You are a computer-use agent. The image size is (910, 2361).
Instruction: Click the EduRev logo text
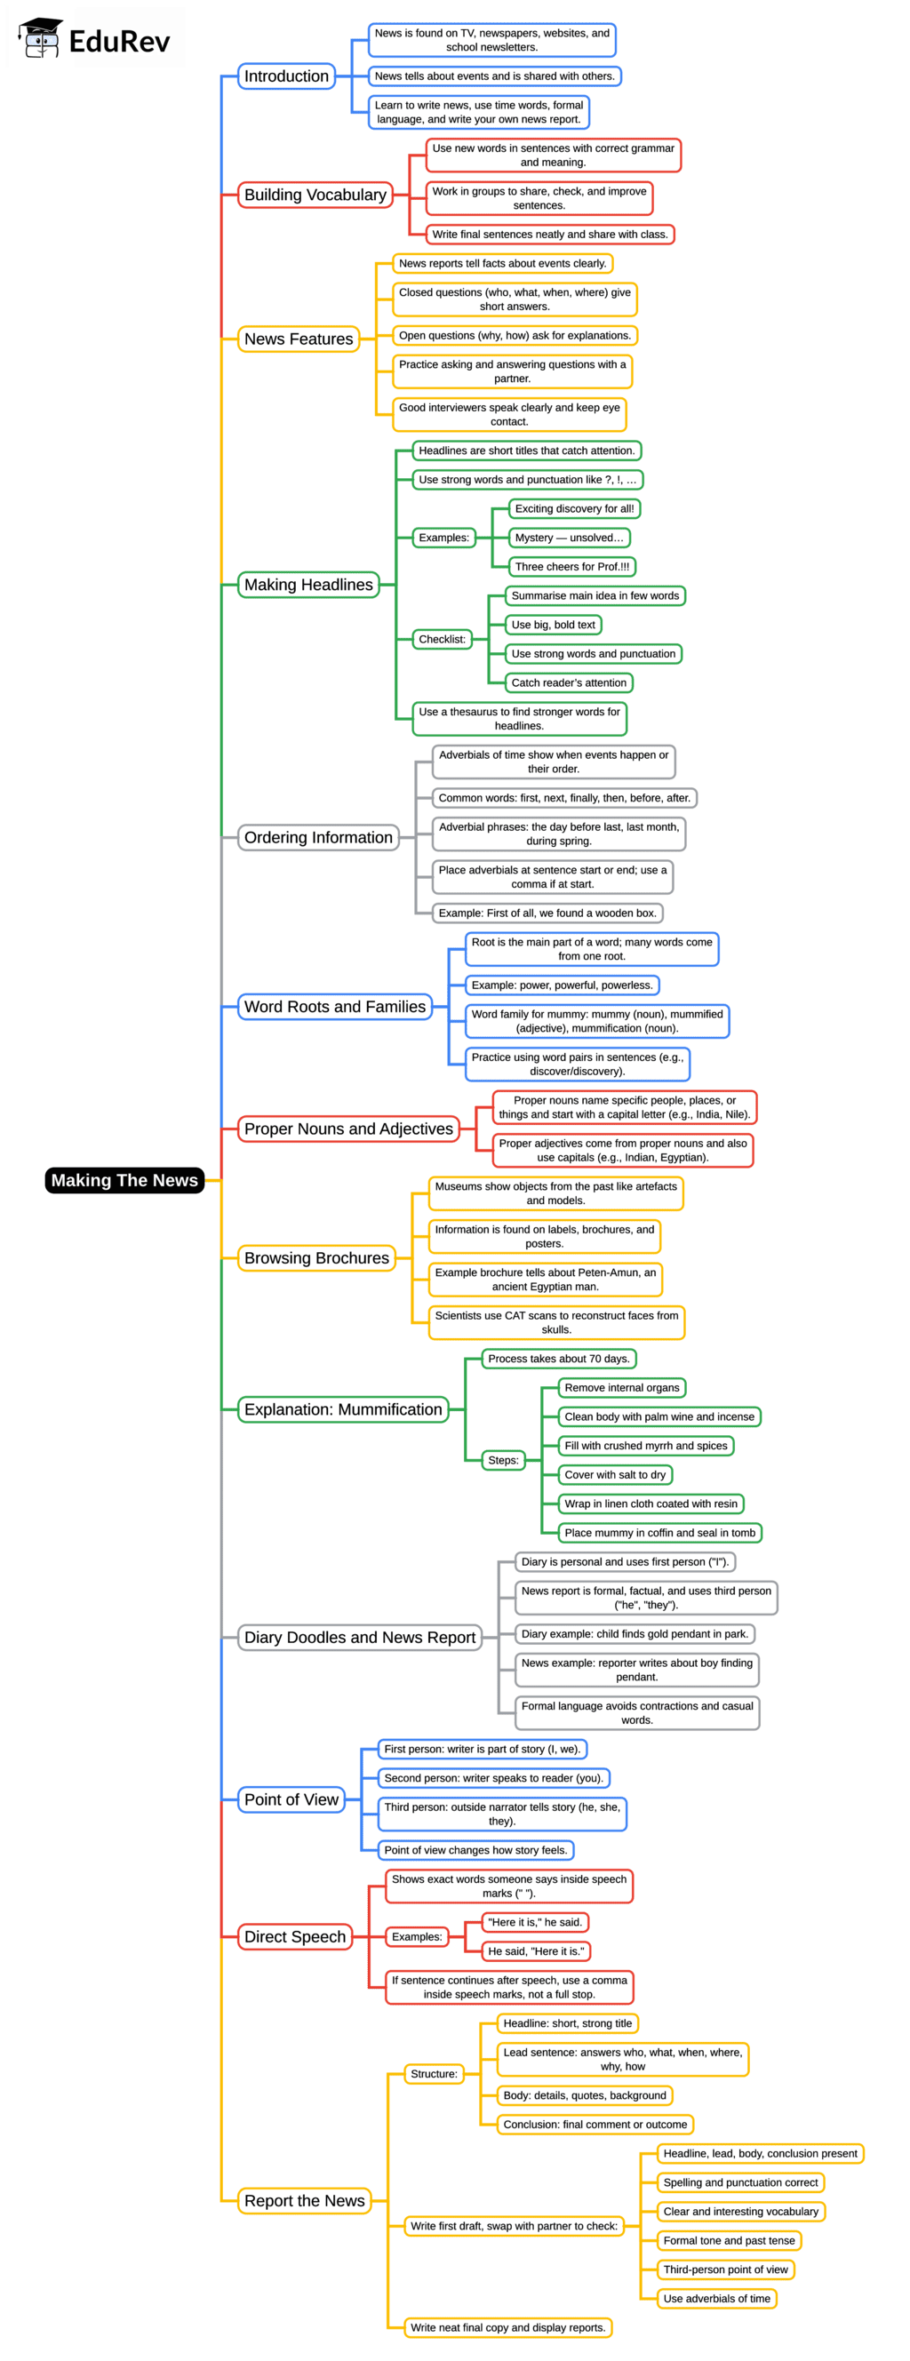tap(118, 41)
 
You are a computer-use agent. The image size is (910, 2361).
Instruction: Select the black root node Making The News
tap(124, 1179)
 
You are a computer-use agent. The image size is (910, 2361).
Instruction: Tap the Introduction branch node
tap(286, 76)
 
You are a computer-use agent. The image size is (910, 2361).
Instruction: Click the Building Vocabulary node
tap(315, 195)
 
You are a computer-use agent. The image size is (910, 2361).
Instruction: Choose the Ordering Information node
tap(317, 837)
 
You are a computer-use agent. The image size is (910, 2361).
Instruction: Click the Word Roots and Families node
tap(334, 1007)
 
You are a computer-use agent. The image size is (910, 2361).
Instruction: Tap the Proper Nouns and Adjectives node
tap(348, 1129)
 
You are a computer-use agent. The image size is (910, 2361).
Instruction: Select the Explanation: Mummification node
tap(343, 1408)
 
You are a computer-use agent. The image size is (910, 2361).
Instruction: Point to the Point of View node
tap(291, 1799)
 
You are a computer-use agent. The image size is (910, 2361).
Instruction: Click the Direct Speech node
tap(294, 1936)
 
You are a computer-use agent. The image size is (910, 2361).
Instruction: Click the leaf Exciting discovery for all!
tap(574, 508)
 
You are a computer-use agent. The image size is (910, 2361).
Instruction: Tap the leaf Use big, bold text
tap(553, 624)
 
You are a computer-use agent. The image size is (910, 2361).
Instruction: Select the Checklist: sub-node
tap(442, 639)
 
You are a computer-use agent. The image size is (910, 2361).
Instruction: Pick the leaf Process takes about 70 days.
tap(558, 1359)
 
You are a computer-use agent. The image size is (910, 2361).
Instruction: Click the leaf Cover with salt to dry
tap(614, 1475)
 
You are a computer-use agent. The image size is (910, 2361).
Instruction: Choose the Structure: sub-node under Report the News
tap(434, 2073)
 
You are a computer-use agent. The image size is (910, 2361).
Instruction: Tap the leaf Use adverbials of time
tap(715, 2298)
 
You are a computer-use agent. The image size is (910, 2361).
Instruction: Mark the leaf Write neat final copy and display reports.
tap(507, 2327)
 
